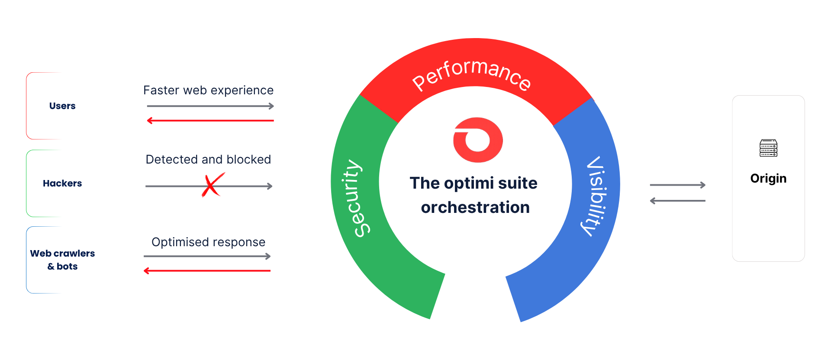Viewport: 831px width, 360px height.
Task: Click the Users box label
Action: click(x=62, y=106)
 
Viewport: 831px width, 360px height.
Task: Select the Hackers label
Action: click(x=62, y=183)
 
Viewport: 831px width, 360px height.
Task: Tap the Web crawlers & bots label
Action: click(x=62, y=260)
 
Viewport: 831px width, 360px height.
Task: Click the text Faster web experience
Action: click(x=208, y=90)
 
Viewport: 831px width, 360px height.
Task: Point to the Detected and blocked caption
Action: click(x=208, y=159)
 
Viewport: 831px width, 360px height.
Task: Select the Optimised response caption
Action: click(x=208, y=242)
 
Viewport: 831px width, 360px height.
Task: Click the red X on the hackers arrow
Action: click(x=213, y=185)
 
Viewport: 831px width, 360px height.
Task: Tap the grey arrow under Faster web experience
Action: click(x=210, y=106)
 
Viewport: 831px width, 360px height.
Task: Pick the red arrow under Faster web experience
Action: click(x=210, y=121)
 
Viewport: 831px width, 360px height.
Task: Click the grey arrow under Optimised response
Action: click(x=207, y=256)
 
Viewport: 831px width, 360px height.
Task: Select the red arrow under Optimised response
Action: click(x=207, y=271)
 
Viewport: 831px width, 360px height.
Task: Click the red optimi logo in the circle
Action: click(x=478, y=140)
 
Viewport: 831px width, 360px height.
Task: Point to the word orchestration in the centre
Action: click(x=475, y=208)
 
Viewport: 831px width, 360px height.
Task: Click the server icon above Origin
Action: click(x=768, y=148)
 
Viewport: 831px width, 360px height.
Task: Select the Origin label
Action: click(x=768, y=179)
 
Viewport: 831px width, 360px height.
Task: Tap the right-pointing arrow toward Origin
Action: click(x=678, y=185)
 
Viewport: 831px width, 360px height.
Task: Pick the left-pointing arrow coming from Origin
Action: click(x=678, y=201)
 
